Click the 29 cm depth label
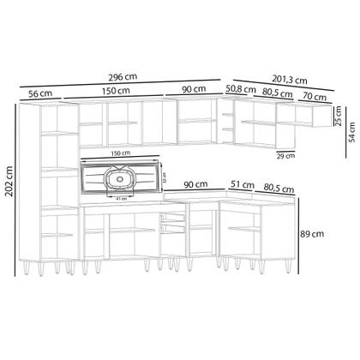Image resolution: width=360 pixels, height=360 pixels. [x=286, y=156]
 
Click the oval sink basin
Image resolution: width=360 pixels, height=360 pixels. [x=118, y=179]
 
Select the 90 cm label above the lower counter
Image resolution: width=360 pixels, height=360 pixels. [x=195, y=184]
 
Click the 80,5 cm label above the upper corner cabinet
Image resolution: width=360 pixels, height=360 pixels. [x=275, y=88]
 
